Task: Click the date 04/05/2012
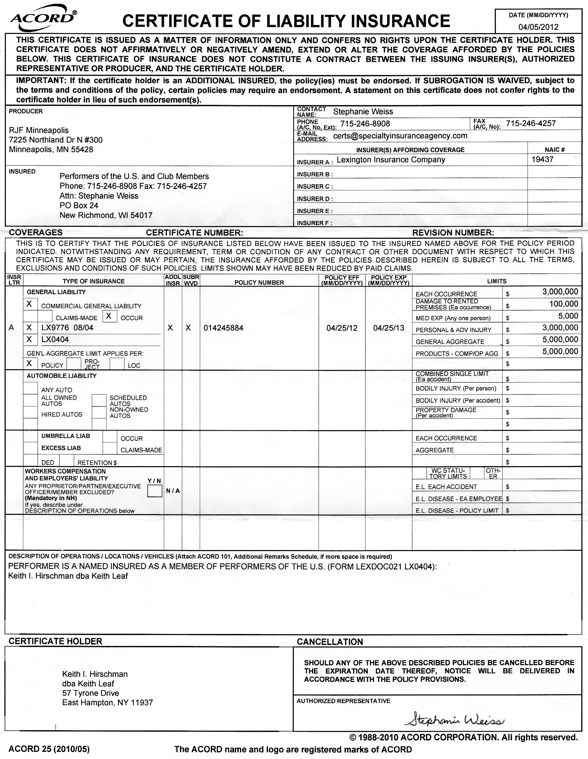pyautogui.click(x=538, y=27)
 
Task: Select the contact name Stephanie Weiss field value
pyautogui.click(x=363, y=111)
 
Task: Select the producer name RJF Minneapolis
pyautogui.click(x=39, y=130)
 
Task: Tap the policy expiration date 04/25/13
pyautogui.click(x=388, y=328)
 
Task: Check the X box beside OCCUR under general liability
pyautogui.click(x=109, y=316)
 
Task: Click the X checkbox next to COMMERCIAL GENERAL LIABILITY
pyautogui.click(x=30, y=304)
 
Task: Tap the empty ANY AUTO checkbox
pyautogui.click(x=30, y=388)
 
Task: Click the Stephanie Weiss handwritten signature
pyautogui.click(x=454, y=720)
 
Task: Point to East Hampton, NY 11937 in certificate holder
pyautogui.click(x=107, y=703)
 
